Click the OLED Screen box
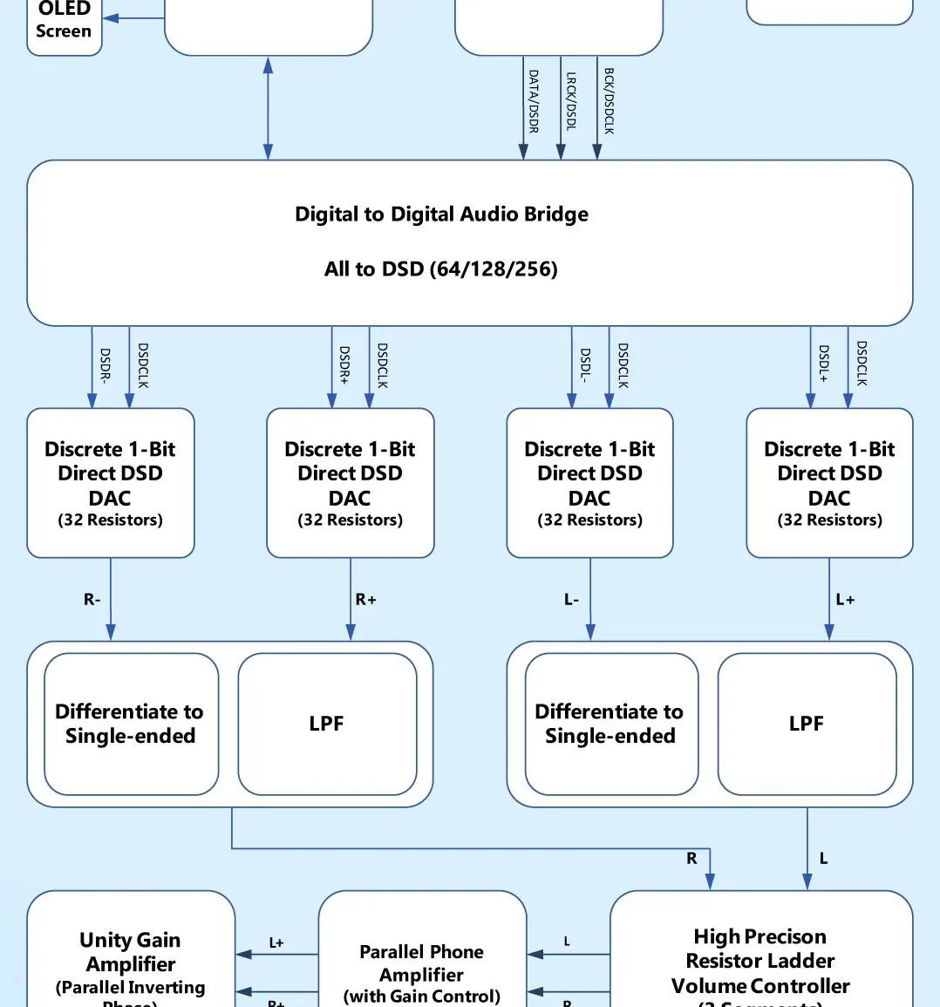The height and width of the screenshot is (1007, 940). point(64,24)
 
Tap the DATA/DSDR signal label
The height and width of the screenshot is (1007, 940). point(534,101)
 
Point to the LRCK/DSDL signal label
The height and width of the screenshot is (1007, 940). point(571,101)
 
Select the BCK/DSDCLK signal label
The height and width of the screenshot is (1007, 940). point(609,101)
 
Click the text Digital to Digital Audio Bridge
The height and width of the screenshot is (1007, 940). point(441,214)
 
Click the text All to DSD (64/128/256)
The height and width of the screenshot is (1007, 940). point(441,269)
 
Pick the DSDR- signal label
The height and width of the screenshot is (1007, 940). point(105,366)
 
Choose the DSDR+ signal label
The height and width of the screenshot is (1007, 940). point(344,365)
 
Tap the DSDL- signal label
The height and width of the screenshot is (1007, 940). point(585,366)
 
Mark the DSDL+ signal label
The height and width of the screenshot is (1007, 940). point(823,364)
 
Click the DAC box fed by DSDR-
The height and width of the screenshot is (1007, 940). point(111,483)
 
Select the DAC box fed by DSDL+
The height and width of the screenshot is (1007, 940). point(829,483)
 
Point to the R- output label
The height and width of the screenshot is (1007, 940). point(92,600)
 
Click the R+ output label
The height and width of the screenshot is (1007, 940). point(366,600)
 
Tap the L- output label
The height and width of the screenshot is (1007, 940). point(571,600)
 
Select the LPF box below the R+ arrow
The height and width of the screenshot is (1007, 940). point(327,724)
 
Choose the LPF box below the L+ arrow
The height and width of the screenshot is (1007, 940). point(807,724)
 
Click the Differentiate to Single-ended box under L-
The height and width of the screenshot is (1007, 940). point(610,724)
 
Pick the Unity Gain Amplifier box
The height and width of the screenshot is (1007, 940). point(131,959)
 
